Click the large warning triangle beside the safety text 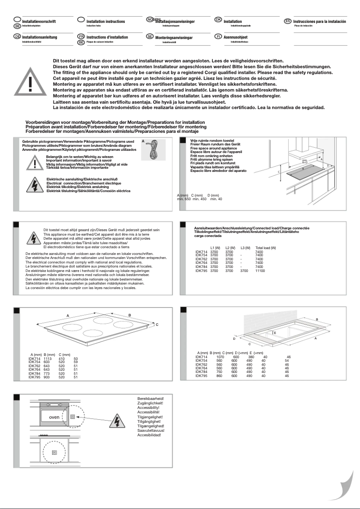tap(30, 83)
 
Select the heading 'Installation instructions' tap(105, 22)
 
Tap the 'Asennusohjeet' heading tap(236, 37)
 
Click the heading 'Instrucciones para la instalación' tap(319, 22)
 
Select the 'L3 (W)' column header tap(245, 248)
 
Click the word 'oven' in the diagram tap(54, 417)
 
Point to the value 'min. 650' tap(184, 199)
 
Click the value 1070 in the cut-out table tap(220, 357)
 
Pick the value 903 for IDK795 tap(48, 377)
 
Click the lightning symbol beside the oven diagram tap(116, 421)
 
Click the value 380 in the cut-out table tap(251, 357)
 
